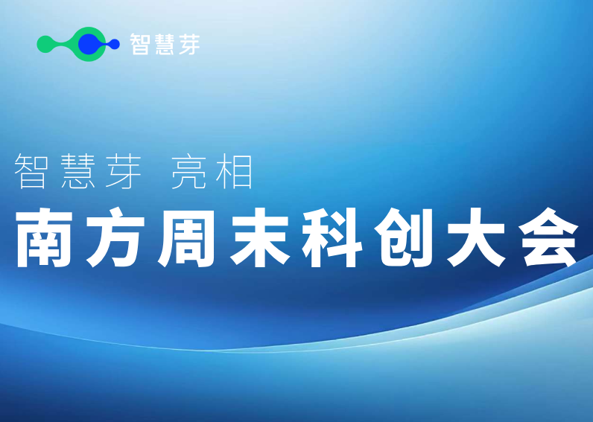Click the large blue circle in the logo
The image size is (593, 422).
(89, 45)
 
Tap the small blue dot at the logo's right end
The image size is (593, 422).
(115, 45)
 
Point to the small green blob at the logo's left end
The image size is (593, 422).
(45, 45)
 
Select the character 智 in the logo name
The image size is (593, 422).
(140, 45)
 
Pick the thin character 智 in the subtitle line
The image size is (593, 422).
(32, 172)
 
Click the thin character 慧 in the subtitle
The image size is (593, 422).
(76, 172)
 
